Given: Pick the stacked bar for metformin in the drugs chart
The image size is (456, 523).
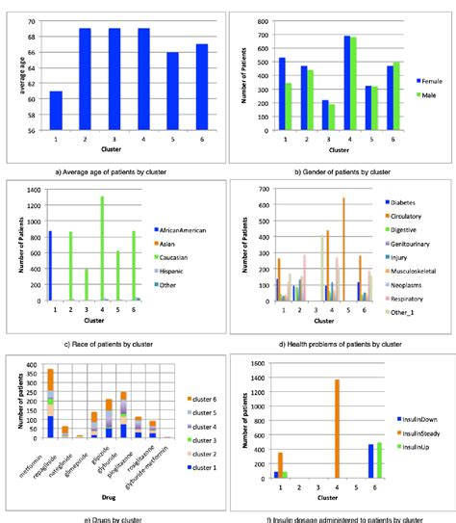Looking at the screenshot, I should coord(51,404).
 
